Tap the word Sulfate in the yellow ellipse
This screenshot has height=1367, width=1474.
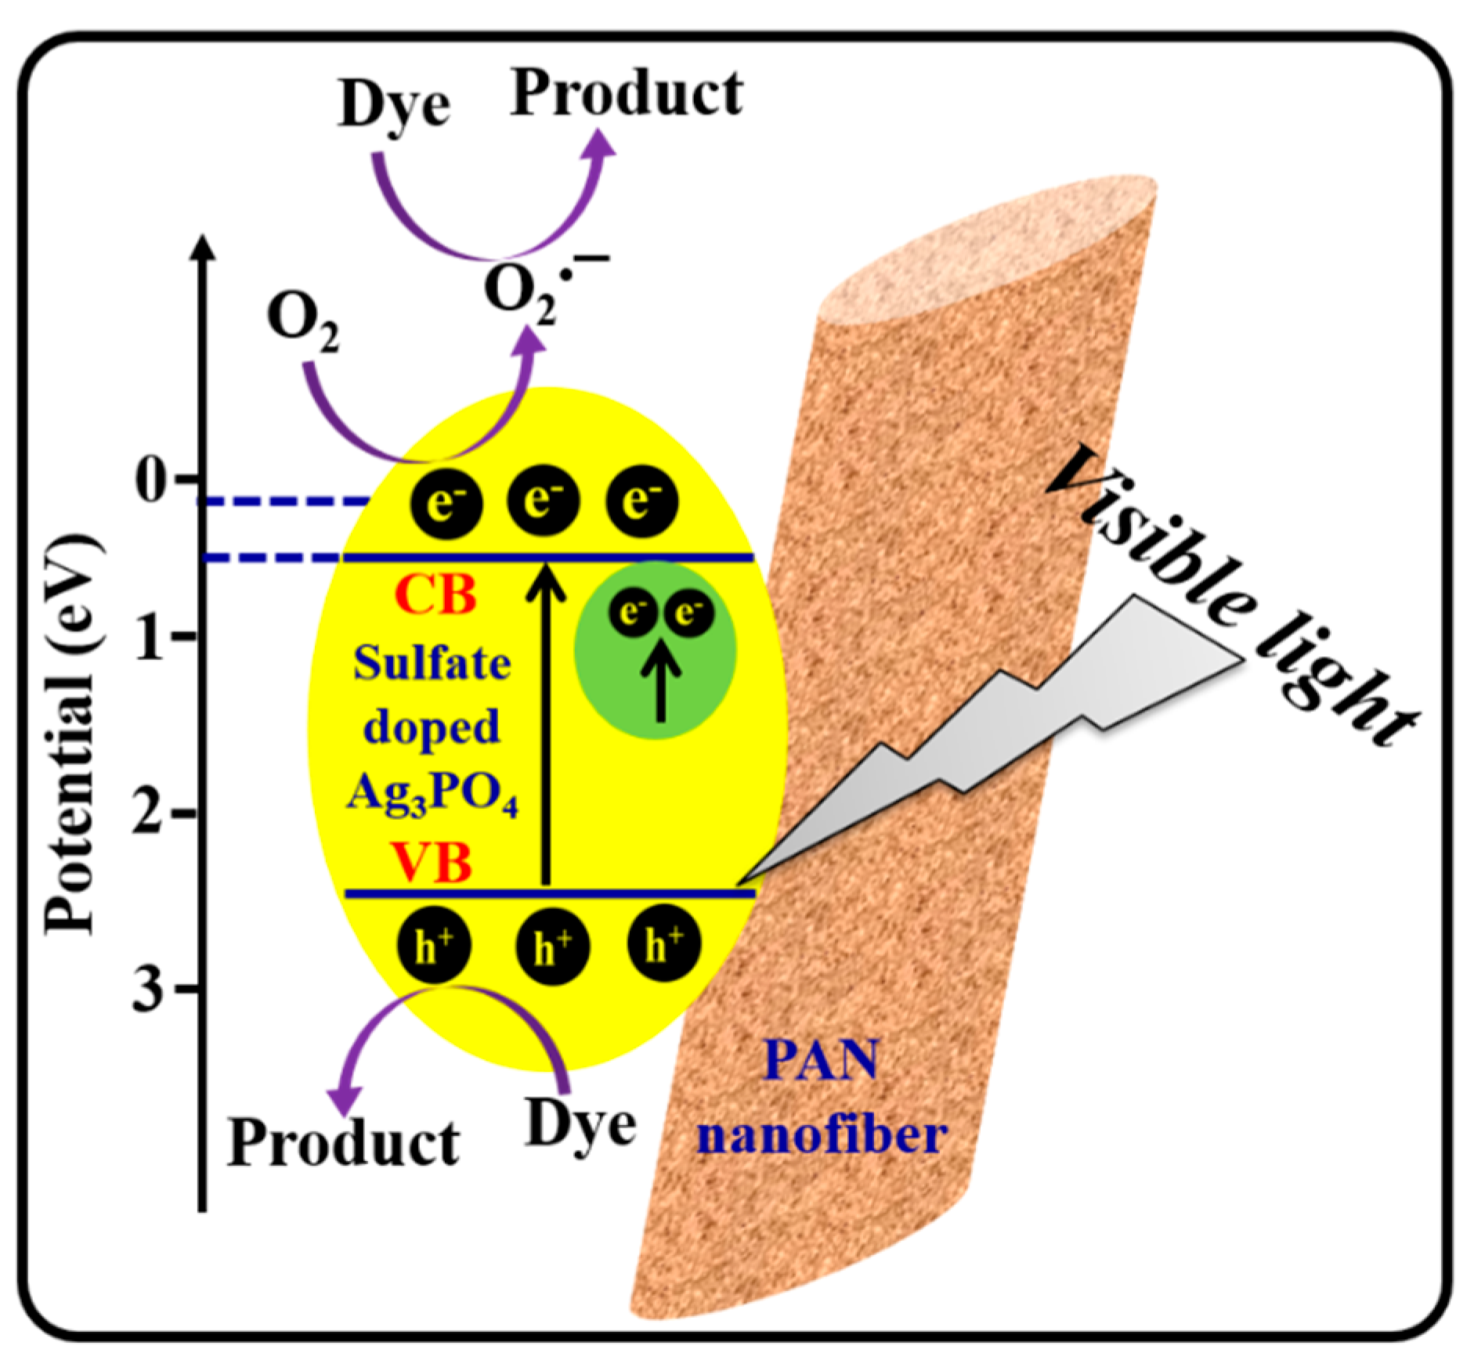(x=432, y=664)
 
